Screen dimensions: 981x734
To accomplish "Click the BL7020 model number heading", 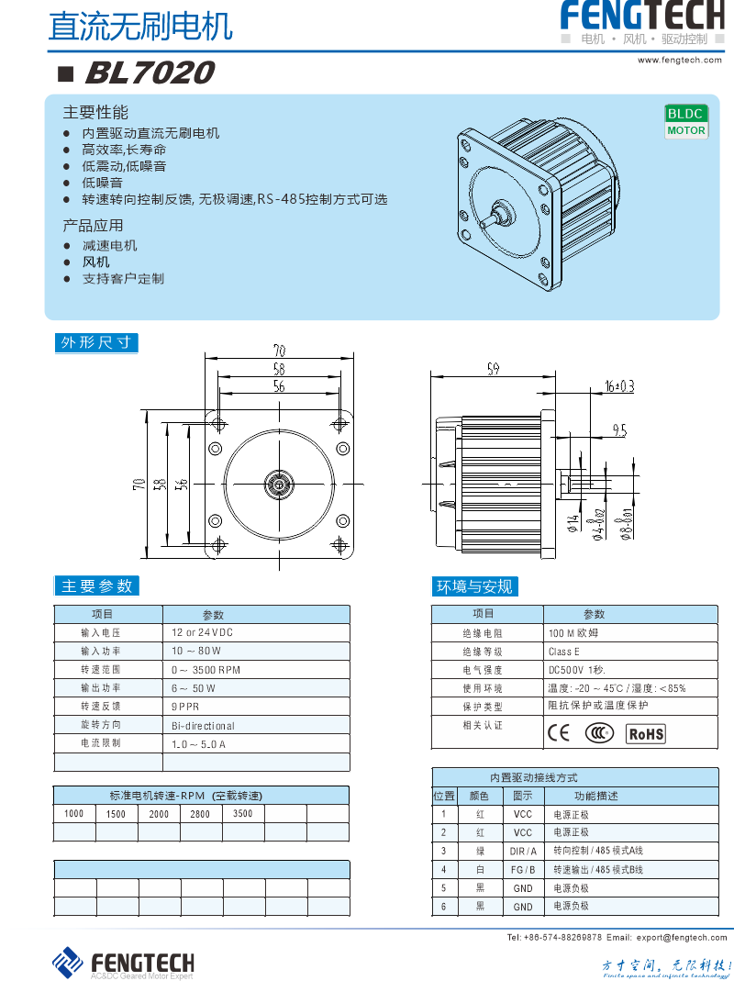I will [150, 72].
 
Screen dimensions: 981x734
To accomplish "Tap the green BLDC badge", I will [685, 114].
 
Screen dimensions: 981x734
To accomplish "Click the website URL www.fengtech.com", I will [681, 60].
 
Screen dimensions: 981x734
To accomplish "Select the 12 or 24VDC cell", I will [203, 633].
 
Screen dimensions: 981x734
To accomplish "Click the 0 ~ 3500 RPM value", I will [206, 670].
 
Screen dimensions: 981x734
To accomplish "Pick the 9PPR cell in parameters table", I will [185, 707].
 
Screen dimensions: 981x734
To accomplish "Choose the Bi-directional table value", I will [203, 725].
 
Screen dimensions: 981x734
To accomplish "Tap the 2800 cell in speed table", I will [200, 814].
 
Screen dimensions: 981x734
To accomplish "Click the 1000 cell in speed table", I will [74, 814].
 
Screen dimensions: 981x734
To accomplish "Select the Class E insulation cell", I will [564, 652].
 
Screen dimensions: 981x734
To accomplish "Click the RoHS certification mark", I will [645, 733].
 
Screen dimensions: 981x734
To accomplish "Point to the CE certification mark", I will [558, 732].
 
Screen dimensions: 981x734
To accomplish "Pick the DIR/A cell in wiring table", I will [523, 851].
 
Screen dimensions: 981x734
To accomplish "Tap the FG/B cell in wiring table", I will [523, 869].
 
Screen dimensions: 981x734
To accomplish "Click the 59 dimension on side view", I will [493, 370].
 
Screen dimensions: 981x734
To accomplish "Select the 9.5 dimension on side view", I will [619, 429].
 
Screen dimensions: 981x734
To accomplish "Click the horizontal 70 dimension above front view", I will [279, 350].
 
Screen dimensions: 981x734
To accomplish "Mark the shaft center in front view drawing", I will [279, 484].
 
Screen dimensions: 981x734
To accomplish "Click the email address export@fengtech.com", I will [682, 937].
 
